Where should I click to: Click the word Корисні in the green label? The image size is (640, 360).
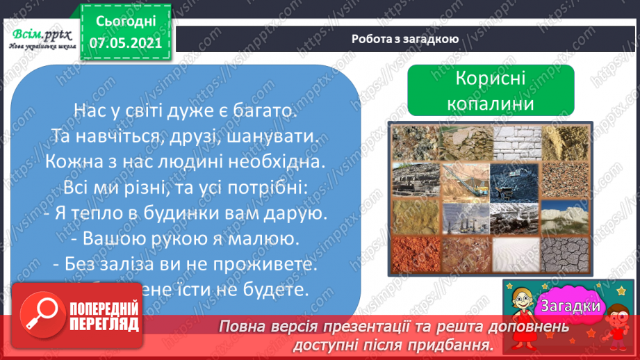(490, 79)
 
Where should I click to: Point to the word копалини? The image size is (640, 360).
(490, 104)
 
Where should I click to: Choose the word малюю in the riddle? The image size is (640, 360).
(259, 238)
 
